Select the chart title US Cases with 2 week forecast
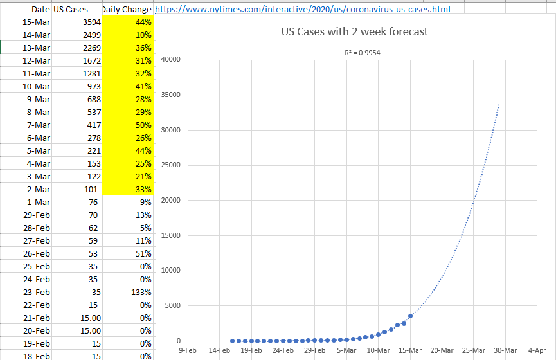(x=354, y=32)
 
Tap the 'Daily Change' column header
(x=127, y=10)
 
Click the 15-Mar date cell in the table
(x=36, y=22)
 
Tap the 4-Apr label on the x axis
(x=537, y=350)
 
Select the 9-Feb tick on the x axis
(x=188, y=350)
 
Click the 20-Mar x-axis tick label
(x=442, y=350)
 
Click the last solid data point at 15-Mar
(x=410, y=316)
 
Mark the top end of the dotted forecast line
(x=499, y=104)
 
